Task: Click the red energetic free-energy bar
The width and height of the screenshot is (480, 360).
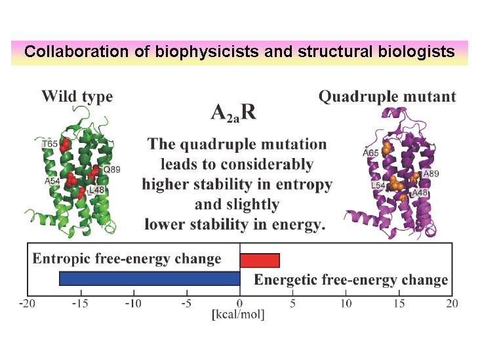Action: (260, 260)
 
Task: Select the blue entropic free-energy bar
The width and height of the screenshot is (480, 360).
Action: (150, 279)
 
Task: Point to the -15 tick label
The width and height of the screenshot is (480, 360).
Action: (80, 304)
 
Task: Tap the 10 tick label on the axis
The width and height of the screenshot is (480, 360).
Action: (346, 304)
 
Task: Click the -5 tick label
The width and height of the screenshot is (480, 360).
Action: (186, 304)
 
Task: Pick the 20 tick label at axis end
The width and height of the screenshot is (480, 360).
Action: (452, 304)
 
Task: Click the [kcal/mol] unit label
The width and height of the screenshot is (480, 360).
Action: (238, 314)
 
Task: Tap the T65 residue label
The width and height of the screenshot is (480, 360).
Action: (50, 144)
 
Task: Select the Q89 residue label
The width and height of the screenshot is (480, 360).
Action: (111, 169)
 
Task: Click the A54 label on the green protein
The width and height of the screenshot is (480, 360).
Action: (52, 181)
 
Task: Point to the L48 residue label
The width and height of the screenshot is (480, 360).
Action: (96, 190)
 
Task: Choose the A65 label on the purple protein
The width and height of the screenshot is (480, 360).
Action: (370, 152)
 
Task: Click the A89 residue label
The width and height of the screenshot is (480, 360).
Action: (431, 174)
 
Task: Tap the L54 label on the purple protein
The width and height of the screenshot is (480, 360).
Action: (378, 185)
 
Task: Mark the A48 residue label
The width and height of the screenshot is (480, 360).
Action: (420, 193)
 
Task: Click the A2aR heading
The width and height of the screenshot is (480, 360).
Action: (233, 113)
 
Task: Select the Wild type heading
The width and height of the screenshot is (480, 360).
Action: (77, 97)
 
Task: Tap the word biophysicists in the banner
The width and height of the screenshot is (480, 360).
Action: (207, 51)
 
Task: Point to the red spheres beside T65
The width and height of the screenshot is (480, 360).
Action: (65, 145)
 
